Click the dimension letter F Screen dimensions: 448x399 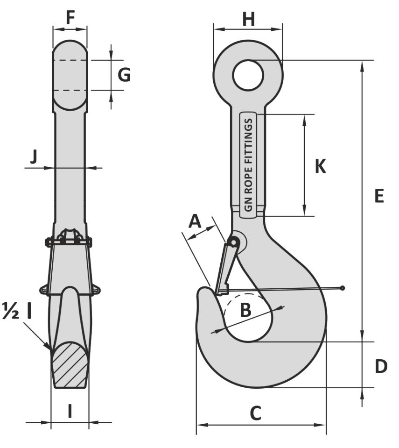70,17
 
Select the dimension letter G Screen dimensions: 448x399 124,75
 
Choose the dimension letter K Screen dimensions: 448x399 320,166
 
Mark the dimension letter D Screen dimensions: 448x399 381,366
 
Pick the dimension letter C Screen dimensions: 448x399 255,413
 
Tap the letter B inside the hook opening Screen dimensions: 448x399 246,310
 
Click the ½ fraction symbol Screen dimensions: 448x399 11,311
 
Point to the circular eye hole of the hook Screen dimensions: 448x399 248,75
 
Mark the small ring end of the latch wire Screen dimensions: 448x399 343,288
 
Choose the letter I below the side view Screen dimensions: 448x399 70,411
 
